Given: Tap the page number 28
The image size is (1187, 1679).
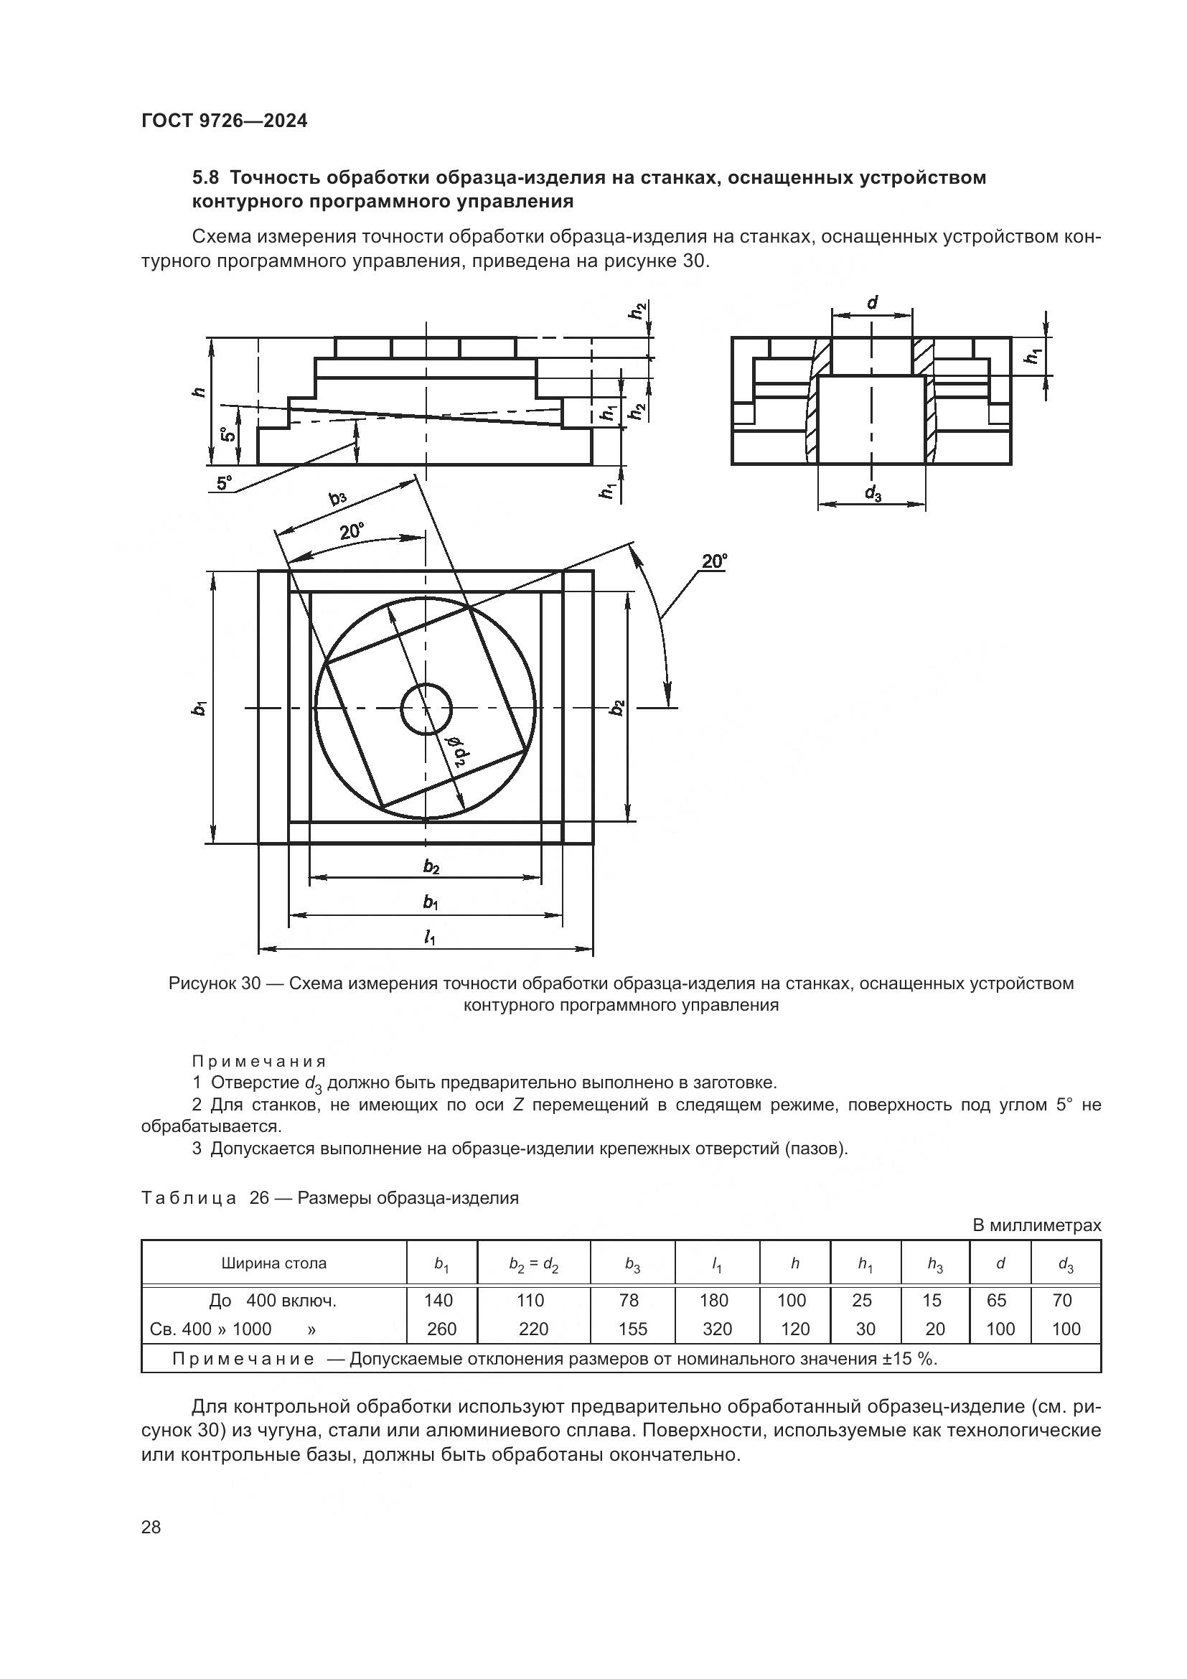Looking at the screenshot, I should point(151,1528).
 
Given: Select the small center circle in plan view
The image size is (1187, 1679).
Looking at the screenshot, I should point(427,708).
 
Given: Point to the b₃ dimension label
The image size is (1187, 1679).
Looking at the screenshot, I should point(339,499).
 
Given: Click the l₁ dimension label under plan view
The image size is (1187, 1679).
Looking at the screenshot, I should point(430,938).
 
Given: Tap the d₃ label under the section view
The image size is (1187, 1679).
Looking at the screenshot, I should point(873,495).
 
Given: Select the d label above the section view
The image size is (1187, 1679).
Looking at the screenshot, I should point(872,302).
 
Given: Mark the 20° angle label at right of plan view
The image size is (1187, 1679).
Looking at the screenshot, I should point(714,561).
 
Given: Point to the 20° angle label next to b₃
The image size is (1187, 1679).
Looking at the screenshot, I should point(352,532).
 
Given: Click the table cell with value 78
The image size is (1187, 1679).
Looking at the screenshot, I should point(629,1300).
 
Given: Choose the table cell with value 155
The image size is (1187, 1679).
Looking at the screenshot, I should point(632,1329).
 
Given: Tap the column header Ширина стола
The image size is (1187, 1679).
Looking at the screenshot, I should point(273,1263).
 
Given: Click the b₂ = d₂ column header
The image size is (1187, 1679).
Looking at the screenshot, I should point(533,1263).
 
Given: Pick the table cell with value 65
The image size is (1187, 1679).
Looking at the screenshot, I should point(996,1300).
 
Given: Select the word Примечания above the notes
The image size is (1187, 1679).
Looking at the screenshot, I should point(259,1061).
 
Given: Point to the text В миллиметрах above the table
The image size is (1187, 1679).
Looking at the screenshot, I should point(1036,1225).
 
